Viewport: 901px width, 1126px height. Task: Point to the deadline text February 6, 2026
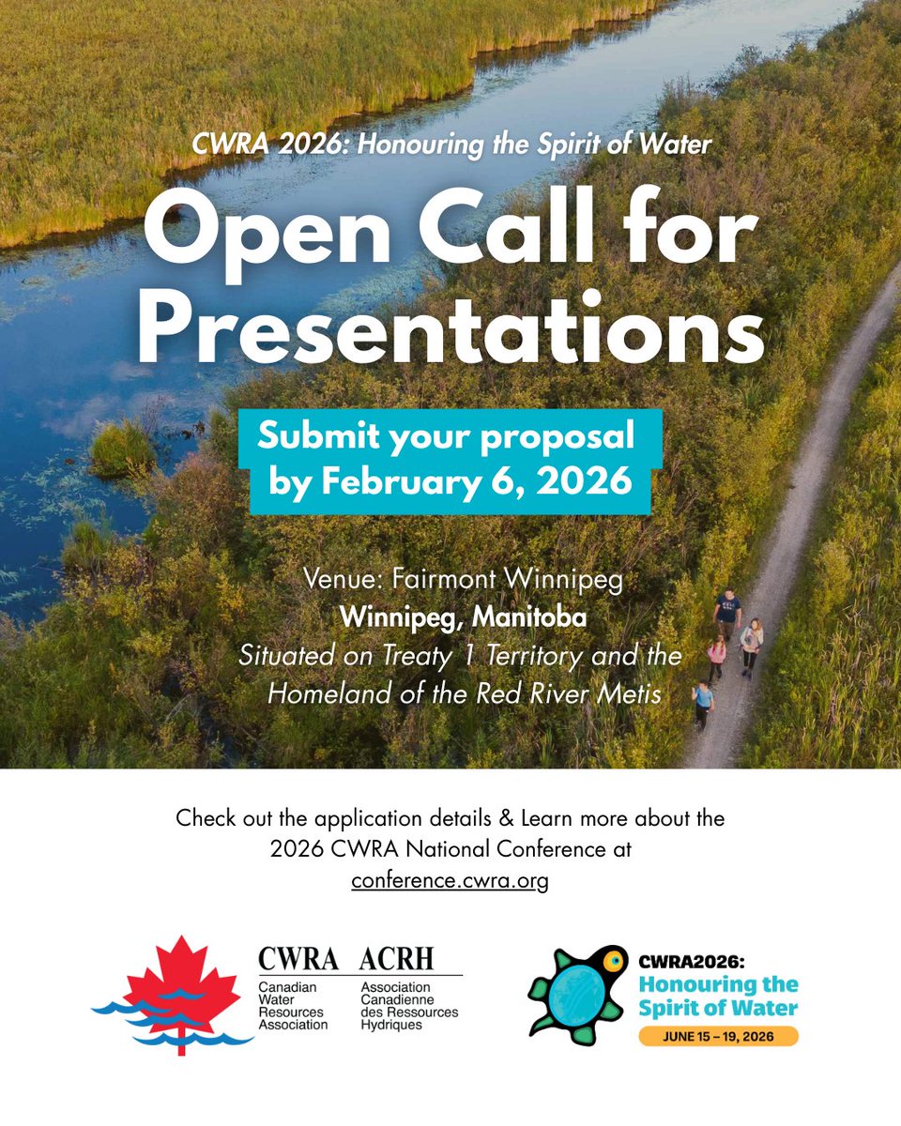[x=479, y=482]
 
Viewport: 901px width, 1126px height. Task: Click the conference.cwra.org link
[x=450, y=881]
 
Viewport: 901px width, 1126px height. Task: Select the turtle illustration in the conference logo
[x=574, y=993]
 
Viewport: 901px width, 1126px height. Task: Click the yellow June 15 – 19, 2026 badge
[x=719, y=1035]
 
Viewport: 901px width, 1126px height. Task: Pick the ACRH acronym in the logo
[x=397, y=959]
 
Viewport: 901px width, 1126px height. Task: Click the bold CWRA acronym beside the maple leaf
[x=298, y=959]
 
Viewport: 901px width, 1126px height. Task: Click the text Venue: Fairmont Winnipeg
[x=464, y=580]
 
